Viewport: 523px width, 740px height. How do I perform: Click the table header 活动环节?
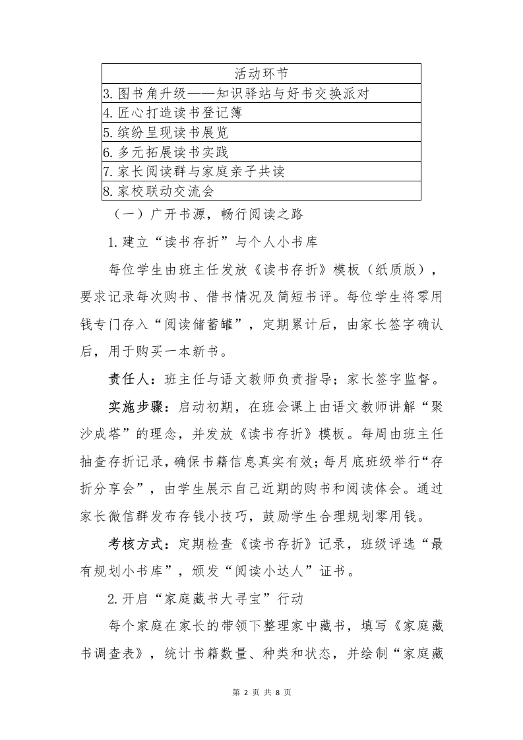[x=261, y=73]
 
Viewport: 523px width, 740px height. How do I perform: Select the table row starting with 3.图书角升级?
[x=235, y=93]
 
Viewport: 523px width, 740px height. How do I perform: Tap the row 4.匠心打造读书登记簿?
[x=173, y=112]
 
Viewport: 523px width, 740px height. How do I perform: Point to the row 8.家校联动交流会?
[x=158, y=191]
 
